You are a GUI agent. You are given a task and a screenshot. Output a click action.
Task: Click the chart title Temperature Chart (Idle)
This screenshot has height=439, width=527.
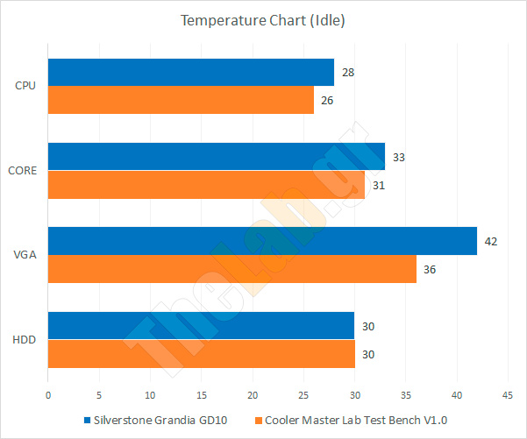coord(263,20)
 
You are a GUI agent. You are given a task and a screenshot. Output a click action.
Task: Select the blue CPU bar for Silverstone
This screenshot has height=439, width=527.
coord(190,73)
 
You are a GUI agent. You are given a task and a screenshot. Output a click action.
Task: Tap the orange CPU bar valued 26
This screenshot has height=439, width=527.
coord(180,101)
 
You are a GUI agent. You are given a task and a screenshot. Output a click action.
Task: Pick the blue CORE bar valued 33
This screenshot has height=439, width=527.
coord(216,157)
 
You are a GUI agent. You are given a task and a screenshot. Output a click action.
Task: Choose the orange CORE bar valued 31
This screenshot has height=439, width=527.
coord(205,185)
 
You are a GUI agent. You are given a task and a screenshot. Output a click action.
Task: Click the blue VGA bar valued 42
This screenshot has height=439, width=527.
coord(261,241)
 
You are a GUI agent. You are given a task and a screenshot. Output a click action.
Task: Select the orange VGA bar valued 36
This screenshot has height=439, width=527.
coord(231,269)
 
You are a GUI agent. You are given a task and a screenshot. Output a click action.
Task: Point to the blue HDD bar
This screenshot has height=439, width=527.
coord(200,325)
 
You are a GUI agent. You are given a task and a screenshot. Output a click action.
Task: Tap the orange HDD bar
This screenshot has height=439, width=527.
coord(200,353)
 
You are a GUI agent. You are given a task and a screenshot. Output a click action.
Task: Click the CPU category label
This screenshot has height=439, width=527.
coord(26,87)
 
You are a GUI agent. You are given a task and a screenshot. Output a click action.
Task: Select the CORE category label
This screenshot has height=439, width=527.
coord(23,171)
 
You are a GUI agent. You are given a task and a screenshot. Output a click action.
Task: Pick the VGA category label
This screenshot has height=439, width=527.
coord(26,255)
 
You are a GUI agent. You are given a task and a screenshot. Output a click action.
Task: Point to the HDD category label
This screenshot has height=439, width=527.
coord(25,339)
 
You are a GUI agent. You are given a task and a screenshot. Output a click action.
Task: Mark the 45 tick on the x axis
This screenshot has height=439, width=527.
coord(507,396)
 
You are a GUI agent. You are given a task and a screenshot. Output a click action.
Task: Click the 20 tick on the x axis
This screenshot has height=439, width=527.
coord(252,396)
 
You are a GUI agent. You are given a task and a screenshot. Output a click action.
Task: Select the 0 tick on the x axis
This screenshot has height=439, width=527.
coord(48,396)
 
